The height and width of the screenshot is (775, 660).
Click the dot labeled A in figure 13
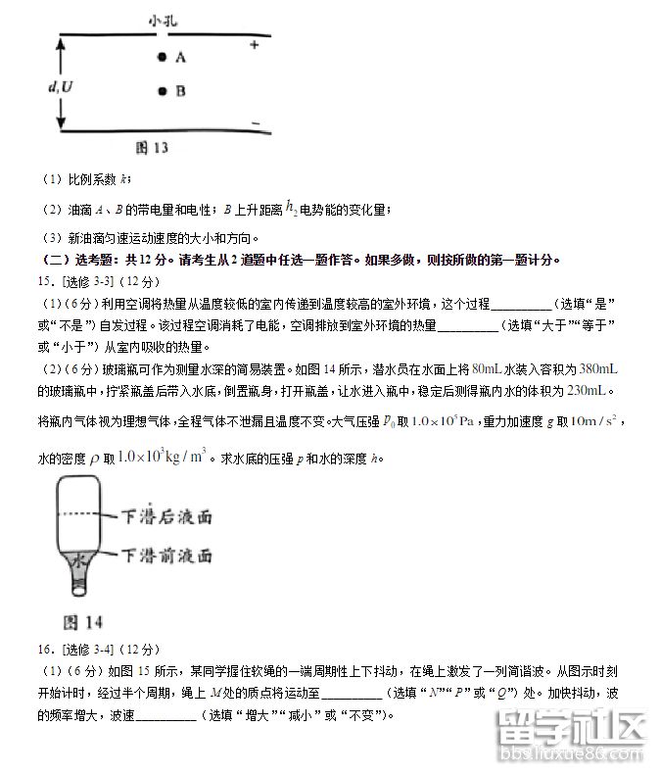click(x=162, y=58)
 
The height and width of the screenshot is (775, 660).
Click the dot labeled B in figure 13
click(x=162, y=92)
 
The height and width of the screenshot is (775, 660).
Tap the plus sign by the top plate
click(x=255, y=45)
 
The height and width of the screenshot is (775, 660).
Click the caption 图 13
click(x=152, y=148)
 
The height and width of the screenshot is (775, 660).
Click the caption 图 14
click(x=82, y=622)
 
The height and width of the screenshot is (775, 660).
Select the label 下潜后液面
click(x=166, y=515)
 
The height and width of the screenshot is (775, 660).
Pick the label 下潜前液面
click(x=166, y=555)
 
